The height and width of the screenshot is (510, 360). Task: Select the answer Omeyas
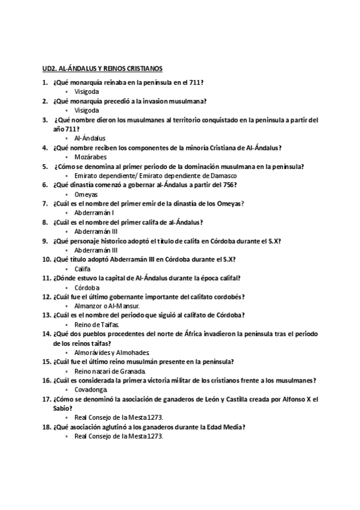pyautogui.click(x=86, y=195)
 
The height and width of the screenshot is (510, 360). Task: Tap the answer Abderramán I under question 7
pyautogui.click(x=94, y=213)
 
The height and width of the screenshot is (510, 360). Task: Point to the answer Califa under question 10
pyautogui.click(x=83, y=268)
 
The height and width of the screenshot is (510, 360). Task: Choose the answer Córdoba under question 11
pyautogui.click(x=87, y=287)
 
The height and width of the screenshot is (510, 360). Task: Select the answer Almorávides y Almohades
pyautogui.click(x=111, y=352)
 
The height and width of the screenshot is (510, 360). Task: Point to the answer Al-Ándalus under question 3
pyautogui.click(x=90, y=138)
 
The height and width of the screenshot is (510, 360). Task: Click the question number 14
pyautogui.click(x=46, y=333)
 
